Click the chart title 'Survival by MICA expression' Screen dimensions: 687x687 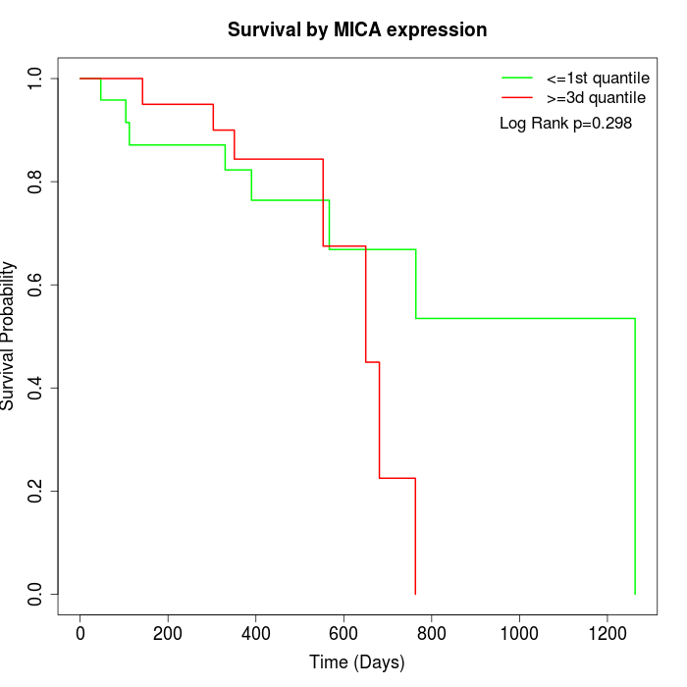pos(357,30)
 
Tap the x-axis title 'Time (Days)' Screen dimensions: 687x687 pos(357,662)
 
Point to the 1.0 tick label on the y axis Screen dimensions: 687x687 pos(36,78)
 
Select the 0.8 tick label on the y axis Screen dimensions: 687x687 pos(36,182)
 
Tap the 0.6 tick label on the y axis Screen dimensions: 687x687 pos(36,285)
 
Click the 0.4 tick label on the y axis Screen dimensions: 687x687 pos(36,388)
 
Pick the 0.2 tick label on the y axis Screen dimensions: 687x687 pos(36,491)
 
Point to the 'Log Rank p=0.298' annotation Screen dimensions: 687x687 pos(565,124)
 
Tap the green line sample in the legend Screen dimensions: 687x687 pos(516,78)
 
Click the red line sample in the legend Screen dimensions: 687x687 pos(516,98)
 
